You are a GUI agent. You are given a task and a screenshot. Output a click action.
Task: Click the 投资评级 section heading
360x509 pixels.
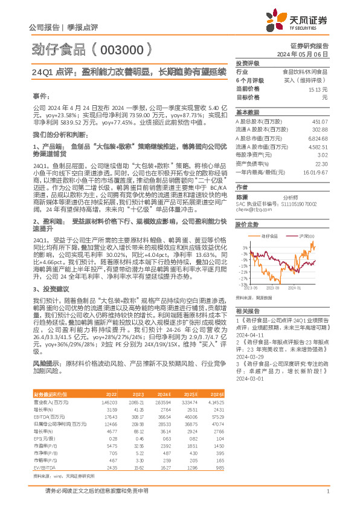click(247, 63)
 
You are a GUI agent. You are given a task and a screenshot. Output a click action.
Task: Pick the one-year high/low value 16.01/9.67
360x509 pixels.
click(317, 171)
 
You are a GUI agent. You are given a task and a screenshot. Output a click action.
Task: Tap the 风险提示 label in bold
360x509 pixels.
click(46, 364)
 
